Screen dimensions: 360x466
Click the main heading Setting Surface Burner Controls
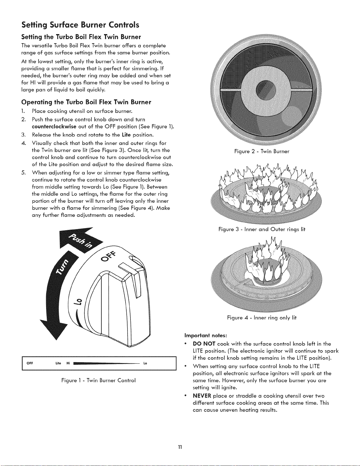click(x=80, y=25)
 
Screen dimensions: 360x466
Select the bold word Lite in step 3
click(x=126, y=135)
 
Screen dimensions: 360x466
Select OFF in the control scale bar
click(x=29, y=363)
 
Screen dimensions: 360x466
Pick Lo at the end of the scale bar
click(x=145, y=363)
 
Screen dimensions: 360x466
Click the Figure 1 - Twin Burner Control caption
click(x=98, y=380)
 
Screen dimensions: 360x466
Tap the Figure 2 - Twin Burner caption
click(x=262, y=151)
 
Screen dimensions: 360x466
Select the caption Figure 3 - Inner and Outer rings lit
click(x=262, y=229)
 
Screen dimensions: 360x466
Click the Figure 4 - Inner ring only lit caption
click(x=262, y=318)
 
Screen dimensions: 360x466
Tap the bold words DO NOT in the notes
click(x=204, y=344)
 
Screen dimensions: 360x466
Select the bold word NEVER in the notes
click(x=202, y=396)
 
